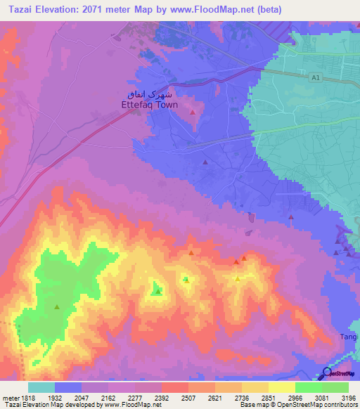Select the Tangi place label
(349, 337)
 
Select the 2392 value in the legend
(162, 397)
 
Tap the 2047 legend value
(82, 397)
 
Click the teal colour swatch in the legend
(41, 387)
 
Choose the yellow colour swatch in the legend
(282, 387)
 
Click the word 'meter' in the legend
(10, 397)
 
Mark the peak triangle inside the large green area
(57, 306)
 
